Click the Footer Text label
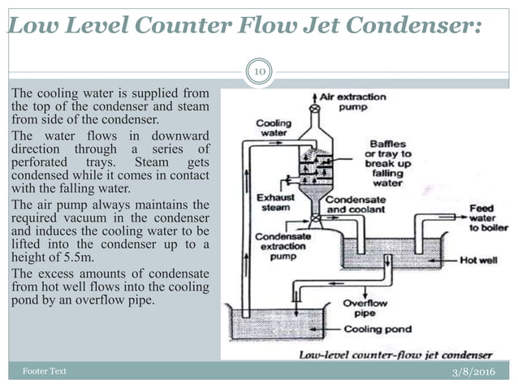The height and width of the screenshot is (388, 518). point(44,371)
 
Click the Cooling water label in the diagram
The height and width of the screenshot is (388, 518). point(274,128)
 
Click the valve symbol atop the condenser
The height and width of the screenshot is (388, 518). point(313,108)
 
